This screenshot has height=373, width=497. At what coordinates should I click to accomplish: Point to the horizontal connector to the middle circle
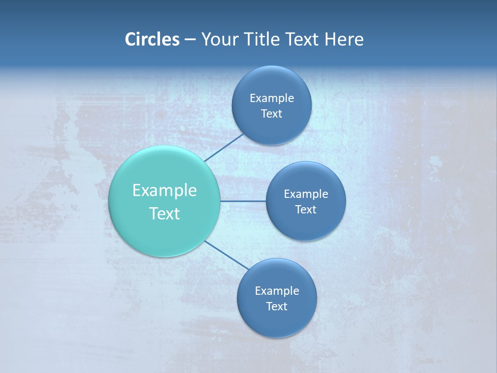pyautogui.click(x=243, y=201)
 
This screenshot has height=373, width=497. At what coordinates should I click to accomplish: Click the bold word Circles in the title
pyautogui.click(x=152, y=39)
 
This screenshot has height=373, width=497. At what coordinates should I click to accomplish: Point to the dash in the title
pyautogui.click(x=190, y=39)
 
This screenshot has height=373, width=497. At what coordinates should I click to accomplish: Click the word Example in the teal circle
pyautogui.click(x=165, y=191)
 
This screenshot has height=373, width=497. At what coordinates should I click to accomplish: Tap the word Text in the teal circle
pyautogui.click(x=165, y=213)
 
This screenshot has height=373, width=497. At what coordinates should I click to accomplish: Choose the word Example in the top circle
pyautogui.click(x=272, y=98)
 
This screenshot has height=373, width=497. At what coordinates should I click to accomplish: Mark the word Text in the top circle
pyautogui.click(x=271, y=114)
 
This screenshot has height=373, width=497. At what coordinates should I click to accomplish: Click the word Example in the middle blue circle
pyautogui.click(x=306, y=194)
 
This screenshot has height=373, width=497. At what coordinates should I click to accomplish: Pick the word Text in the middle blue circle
pyautogui.click(x=305, y=210)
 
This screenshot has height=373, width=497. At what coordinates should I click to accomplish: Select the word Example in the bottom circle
pyautogui.click(x=277, y=291)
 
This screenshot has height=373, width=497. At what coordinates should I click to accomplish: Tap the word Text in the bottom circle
pyautogui.click(x=276, y=307)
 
